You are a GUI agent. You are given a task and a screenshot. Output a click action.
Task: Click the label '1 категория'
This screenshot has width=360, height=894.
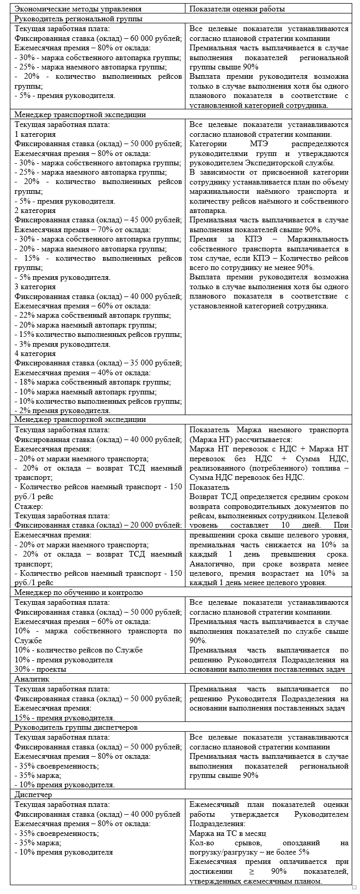point(36,134)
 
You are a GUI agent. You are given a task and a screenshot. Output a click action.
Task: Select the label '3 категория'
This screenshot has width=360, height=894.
point(36,287)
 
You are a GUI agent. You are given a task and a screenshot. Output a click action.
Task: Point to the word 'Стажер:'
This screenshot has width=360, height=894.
point(28,506)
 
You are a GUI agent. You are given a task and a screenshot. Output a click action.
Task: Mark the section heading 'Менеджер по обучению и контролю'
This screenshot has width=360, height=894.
point(79,592)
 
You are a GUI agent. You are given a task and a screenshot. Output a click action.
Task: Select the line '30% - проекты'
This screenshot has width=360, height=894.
point(40,669)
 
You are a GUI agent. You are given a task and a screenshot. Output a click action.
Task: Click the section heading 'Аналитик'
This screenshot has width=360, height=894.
point(32,678)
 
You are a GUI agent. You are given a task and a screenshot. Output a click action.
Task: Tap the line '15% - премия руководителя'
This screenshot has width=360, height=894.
point(65,718)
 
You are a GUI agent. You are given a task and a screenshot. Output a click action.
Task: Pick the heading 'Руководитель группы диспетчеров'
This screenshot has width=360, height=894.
point(76,727)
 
